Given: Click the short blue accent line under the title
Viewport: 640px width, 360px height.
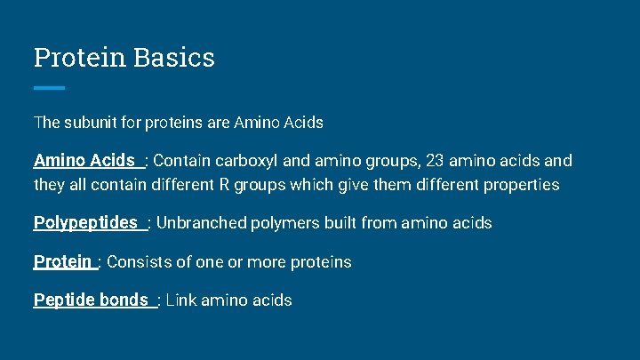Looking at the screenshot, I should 49,87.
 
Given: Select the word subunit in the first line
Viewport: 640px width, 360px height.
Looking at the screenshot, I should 92,122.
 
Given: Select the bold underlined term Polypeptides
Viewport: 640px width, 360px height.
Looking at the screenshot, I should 85,222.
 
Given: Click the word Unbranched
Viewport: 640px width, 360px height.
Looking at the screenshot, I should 198,223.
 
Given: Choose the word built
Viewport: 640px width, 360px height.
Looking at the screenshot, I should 333,223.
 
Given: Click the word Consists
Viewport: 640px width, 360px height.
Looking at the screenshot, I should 140,262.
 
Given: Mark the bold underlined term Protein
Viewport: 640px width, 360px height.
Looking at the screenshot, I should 62,261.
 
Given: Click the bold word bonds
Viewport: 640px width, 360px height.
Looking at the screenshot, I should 124,300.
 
